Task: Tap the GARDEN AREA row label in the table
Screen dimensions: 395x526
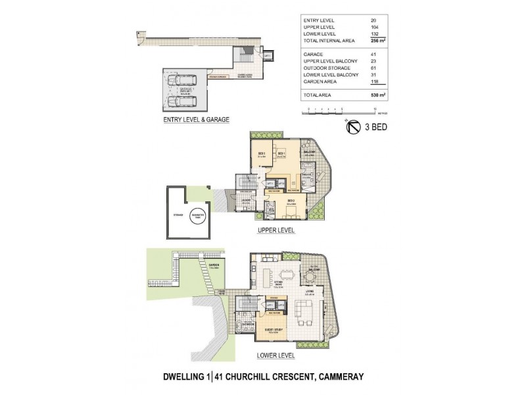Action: pos(320,82)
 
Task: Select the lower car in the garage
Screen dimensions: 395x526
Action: pos(181,101)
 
